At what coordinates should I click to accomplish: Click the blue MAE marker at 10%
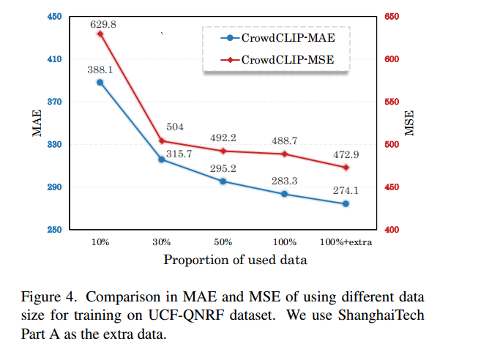[100, 82]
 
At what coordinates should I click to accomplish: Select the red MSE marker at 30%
[162, 141]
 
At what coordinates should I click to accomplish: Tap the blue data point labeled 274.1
[346, 203]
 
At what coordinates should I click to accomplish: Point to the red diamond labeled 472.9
[346, 168]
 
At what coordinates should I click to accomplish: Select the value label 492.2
[223, 138]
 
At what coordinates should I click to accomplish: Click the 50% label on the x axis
[223, 242]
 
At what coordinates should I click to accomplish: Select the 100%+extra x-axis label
[346, 242]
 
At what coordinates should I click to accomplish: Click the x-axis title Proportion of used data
[234, 260]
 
